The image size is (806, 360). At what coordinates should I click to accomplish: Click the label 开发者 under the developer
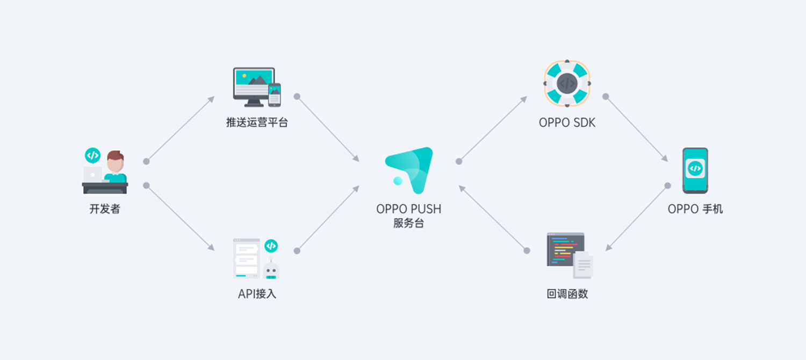coord(105,209)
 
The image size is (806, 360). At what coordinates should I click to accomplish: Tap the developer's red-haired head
coord(115,161)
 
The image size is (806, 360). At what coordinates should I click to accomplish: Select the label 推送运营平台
coord(257,123)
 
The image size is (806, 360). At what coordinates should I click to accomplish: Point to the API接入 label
coord(257,294)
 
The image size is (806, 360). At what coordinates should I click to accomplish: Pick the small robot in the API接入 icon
coord(271,269)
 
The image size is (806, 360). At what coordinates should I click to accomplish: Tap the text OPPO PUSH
coord(408,209)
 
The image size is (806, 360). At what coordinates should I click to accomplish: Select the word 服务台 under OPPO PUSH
coord(408,223)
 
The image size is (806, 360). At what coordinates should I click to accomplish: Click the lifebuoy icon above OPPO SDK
coord(567,83)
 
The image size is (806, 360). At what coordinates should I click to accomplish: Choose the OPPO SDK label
coord(567,123)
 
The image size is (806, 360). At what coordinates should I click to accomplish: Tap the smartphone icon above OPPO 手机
coord(695,170)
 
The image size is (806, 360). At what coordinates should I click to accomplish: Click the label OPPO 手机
coord(695,209)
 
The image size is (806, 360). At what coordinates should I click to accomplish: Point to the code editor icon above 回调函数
coord(569,255)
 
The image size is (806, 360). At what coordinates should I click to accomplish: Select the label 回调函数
coord(567,294)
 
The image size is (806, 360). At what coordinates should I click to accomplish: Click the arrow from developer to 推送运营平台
coord(180,129)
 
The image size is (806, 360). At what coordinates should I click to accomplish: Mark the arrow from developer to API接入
coord(180,218)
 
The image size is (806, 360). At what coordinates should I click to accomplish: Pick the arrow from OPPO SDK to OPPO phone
coord(637,129)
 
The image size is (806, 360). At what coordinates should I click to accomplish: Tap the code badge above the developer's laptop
coord(92,155)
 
